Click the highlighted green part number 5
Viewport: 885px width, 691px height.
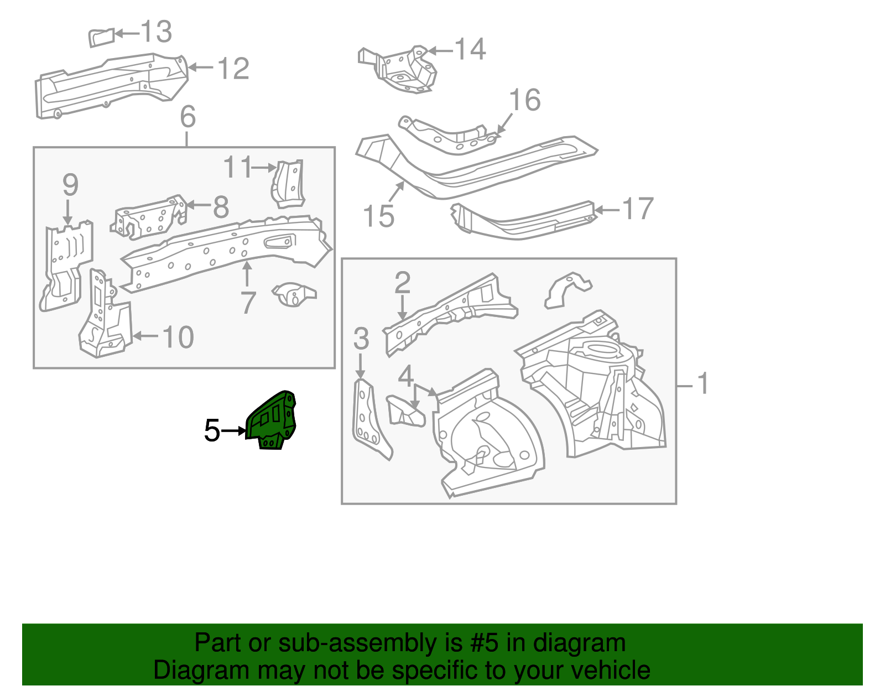pyautogui.click(x=272, y=420)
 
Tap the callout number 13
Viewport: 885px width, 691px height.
pyautogui.click(x=156, y=32)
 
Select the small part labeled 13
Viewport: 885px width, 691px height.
pyautogui.click(x=101, y=38)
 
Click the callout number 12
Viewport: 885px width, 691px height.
pyautogui.click(x=233, y=69)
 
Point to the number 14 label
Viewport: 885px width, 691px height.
pyautogui.click(x=470, y=49)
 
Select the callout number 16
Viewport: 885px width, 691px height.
pyautogui.click(x=524, y=100)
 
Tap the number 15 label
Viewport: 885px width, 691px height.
pyautogui.click(x=379, y=216)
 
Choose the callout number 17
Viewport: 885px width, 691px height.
pyautogui.click(x=638, y=209)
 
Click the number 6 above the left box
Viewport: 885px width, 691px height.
pyautogui.click(x=188, y=117)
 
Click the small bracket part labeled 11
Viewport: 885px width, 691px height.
pyautogui.click(x=289, y=184)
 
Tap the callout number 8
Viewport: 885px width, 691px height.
pyautogui.click(x=221, y=207)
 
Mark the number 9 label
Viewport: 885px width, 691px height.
pyautogui.click(x=70, y=185)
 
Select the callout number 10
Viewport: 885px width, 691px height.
pyautogui.click(x=178, y=337)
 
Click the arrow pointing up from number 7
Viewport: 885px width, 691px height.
pyautogui.click(x=247, y=273)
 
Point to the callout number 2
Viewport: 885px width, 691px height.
pyautogui.click(x=402, y=283)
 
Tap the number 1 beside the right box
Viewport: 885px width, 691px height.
pyautogui.click(x=702, y=383)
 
